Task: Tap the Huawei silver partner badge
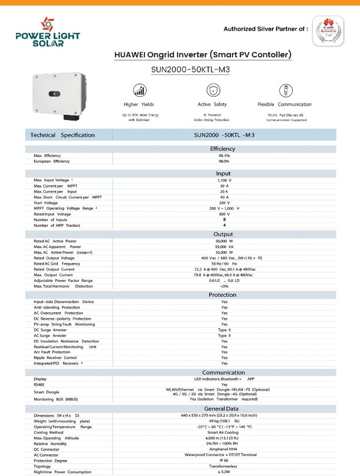[328, 31]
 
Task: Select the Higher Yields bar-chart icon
[139, 91]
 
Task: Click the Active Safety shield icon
[212, 91]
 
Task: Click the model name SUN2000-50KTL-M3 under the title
[190, 70]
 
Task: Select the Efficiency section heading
[223, 149]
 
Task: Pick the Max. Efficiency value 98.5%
[224, 155]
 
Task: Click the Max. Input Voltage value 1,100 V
[224, 180]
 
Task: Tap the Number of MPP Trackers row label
[57, 225]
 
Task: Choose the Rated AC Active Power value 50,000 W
[224, 241]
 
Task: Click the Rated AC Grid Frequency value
[224, 264]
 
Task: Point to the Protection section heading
[223, 295]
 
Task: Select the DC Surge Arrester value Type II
[224, 330]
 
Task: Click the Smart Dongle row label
[46, 392]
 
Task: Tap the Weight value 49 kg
[224, 421]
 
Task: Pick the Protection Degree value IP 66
[224, 460]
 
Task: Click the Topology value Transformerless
[224, 466]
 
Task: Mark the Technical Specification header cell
[63, 135]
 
